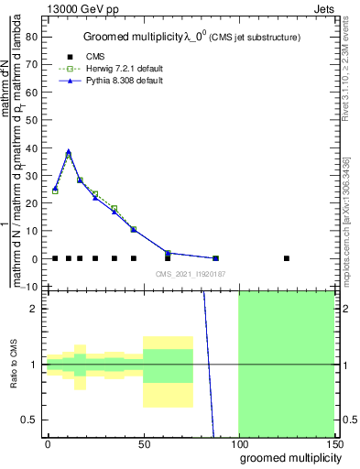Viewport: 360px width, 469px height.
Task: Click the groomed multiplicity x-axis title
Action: tap(288, 457)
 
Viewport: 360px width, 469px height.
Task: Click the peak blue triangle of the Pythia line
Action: tap(68, 151)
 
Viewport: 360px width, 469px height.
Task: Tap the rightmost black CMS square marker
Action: tap(287, 258)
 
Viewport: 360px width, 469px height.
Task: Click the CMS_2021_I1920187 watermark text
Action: tap(189, 274)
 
